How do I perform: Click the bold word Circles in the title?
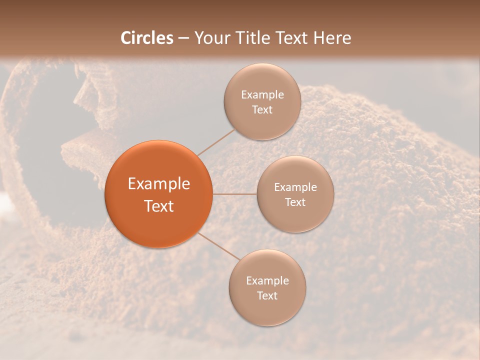146,38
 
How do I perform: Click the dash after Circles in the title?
183,38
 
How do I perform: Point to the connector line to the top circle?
216,142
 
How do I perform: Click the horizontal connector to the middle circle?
234,194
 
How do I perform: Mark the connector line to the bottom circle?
219,246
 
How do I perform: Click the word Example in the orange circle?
159,184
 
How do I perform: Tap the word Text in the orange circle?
159,206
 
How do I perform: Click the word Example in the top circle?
262,95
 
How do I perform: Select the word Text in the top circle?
262,110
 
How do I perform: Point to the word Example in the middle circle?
295,187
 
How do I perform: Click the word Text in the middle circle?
295,202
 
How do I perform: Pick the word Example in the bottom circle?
267,281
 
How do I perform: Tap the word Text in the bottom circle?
267,296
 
